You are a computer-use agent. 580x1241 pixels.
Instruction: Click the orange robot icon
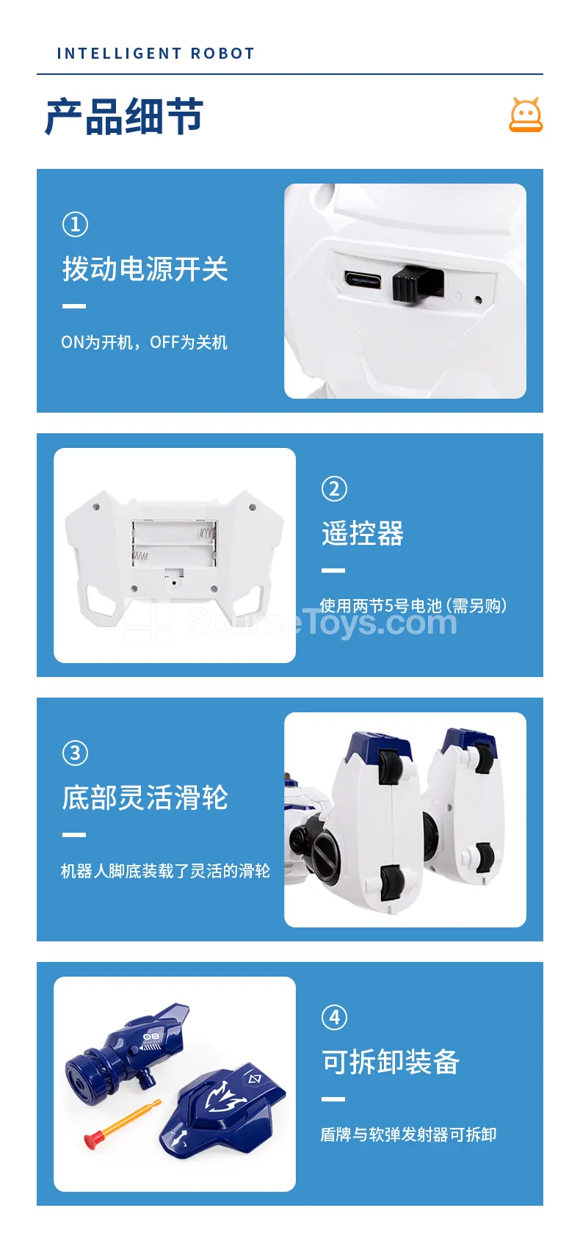pyautogui.click(x=526, y=115)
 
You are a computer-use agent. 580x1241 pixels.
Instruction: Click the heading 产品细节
pyautogui.click(x=124, y=116)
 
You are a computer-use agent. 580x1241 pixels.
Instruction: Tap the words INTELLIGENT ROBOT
pyautogui.click(x=156, y=53)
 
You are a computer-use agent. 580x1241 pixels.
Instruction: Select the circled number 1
pyautogui.click(x=76, y=225)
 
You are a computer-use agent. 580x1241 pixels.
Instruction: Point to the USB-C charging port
pyautogui.click(x=362, y=280)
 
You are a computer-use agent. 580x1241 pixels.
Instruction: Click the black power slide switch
pyautogui.click(x=418, y=283)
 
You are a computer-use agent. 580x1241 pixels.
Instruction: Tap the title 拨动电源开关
pyautogui.click(x=145, y=269)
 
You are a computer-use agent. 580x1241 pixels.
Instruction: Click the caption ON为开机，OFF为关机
pyautogui.click(x=144, y=342)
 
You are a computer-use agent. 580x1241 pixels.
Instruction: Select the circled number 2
pyautogui.click(x=334, y=488)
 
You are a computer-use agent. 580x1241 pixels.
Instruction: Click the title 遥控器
pyautogui.click(x=363, y=534)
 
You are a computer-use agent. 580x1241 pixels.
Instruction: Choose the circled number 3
pyautogui.click(x=76, y=753)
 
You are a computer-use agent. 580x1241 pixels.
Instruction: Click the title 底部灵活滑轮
pyautogui.click(x=145, y=797)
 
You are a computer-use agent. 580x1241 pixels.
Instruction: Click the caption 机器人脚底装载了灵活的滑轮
pyautogui.click(x=165, y=871)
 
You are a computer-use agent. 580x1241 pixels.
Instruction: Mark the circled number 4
pyautogui.click(x=334, y=1017)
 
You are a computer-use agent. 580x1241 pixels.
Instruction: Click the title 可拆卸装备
pyautogui.click(x=391, y=1062)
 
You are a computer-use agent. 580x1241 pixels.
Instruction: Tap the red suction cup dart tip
pyautogui.click(x=91, y=1140)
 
